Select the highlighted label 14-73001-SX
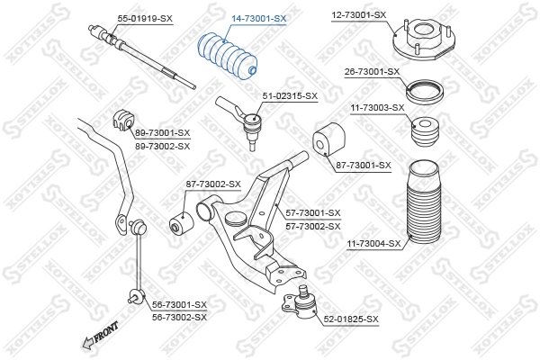pos(259,17)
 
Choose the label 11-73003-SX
pos(377,107)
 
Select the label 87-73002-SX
pos(213,184)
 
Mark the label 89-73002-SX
pos(162,145)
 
